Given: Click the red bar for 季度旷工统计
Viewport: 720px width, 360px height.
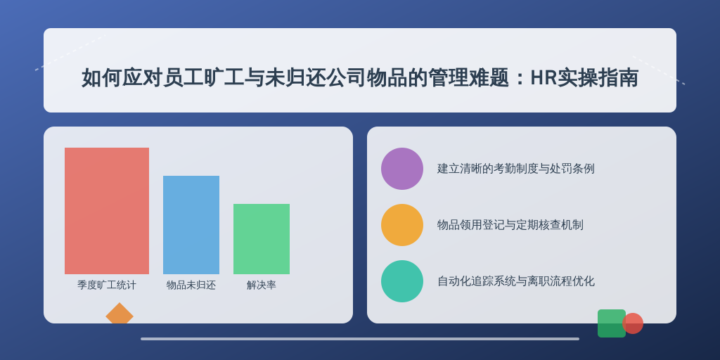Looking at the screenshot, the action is pos(107,211).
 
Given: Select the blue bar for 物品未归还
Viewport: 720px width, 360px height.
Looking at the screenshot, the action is pos(191,225).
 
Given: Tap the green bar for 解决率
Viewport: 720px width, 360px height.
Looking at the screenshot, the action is pos(262,239).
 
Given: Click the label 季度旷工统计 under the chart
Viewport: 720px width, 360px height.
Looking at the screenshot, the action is pos(107,285).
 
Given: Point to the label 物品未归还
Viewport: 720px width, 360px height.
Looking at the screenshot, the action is pos(191,285).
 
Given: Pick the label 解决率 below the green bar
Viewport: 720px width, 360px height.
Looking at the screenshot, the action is pos(262,285).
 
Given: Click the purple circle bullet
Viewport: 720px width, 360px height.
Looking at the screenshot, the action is pos(401,169).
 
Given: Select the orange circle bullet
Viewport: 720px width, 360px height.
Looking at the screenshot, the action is pos(401,225).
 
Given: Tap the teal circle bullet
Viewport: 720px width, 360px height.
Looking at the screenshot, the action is pos(401,281).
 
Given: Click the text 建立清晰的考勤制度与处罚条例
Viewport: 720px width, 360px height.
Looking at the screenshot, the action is pos(515,169).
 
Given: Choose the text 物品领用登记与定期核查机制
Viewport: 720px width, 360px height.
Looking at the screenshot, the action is pos(510,225).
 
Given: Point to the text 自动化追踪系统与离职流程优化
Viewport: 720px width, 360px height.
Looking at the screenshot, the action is pos(515,281).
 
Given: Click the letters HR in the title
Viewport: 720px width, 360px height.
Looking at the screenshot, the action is pos(544,77).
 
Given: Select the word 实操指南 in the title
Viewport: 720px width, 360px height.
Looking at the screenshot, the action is pos(598,77).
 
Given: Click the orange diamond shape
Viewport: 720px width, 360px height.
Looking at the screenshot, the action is pos(120,313).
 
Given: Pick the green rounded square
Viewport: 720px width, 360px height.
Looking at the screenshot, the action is pos(611,323).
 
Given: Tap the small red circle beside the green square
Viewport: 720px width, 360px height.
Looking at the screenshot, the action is pos(633,323).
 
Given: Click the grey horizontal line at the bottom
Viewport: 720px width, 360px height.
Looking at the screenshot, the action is pos(360,339).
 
